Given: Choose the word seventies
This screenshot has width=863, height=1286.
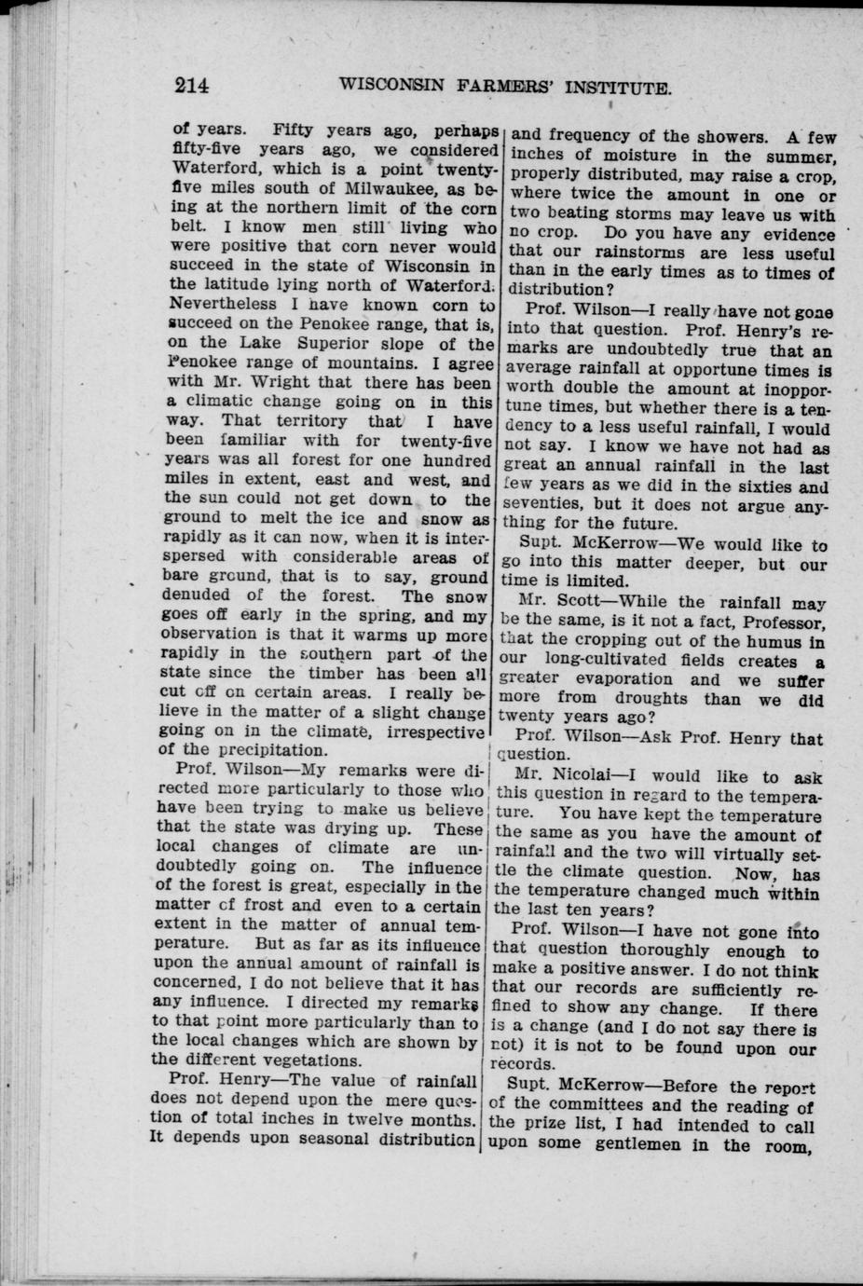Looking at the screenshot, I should pyautogui.click(x=544, y=505).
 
